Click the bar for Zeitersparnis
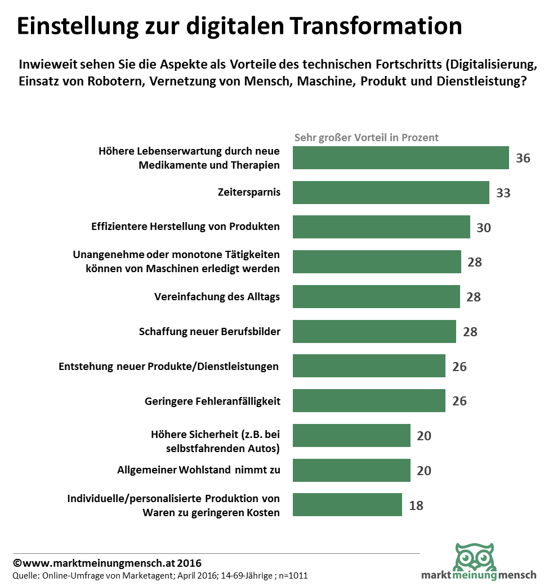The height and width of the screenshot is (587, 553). (391, 192)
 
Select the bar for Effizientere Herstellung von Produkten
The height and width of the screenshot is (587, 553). (381, 227)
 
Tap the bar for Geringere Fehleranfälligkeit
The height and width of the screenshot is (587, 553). (369, 401)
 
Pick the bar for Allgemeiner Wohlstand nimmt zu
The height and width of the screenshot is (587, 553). (351, 470)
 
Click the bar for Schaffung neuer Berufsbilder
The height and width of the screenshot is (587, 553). (374, 331)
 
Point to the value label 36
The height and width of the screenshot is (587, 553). (523, 158)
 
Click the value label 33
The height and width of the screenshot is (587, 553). (503, 193)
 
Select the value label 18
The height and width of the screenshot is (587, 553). (416, 505)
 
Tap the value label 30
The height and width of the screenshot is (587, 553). (484, 228)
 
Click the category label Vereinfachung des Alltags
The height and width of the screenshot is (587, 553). (217, 297)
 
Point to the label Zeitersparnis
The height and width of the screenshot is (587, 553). (249, 192)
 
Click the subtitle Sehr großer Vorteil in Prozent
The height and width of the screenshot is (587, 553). (367, 137)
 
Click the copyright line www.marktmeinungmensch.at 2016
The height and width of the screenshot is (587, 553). (107, 563)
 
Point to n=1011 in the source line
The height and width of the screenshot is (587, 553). (293, 576)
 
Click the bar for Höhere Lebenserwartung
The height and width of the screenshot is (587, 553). (401, 158)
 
